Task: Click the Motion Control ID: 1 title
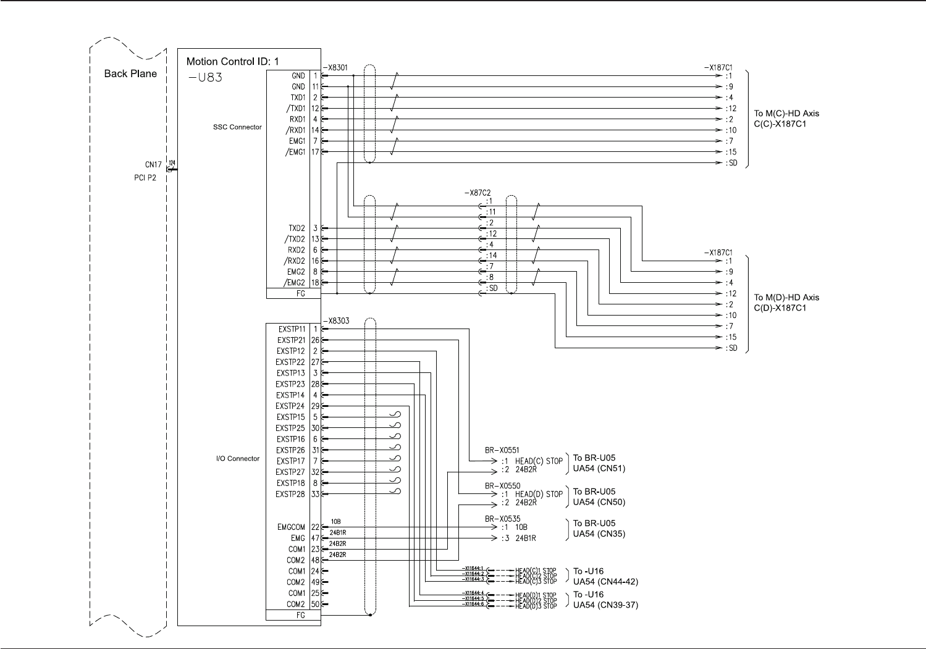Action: [233, 62]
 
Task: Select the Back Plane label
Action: [130, 73]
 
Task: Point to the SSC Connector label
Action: [237, 127]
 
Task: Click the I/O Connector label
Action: [238, 459]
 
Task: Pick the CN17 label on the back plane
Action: [153, 165]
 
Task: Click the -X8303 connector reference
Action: [335, 320]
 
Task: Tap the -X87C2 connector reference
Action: [478, 193]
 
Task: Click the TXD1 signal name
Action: [298, 98]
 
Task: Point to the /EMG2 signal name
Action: [295, 283]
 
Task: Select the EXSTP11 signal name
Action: [292, 329]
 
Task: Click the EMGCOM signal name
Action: [291, 527]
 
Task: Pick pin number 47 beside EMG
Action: [315, 538]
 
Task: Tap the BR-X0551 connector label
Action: [502, 451]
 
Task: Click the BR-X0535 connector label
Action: [502, 519]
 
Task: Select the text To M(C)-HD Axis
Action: [786, 114]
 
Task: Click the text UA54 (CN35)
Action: [599, 534]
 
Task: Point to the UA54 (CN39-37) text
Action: [605, 605]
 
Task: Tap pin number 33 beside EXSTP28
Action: [315, 494]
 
